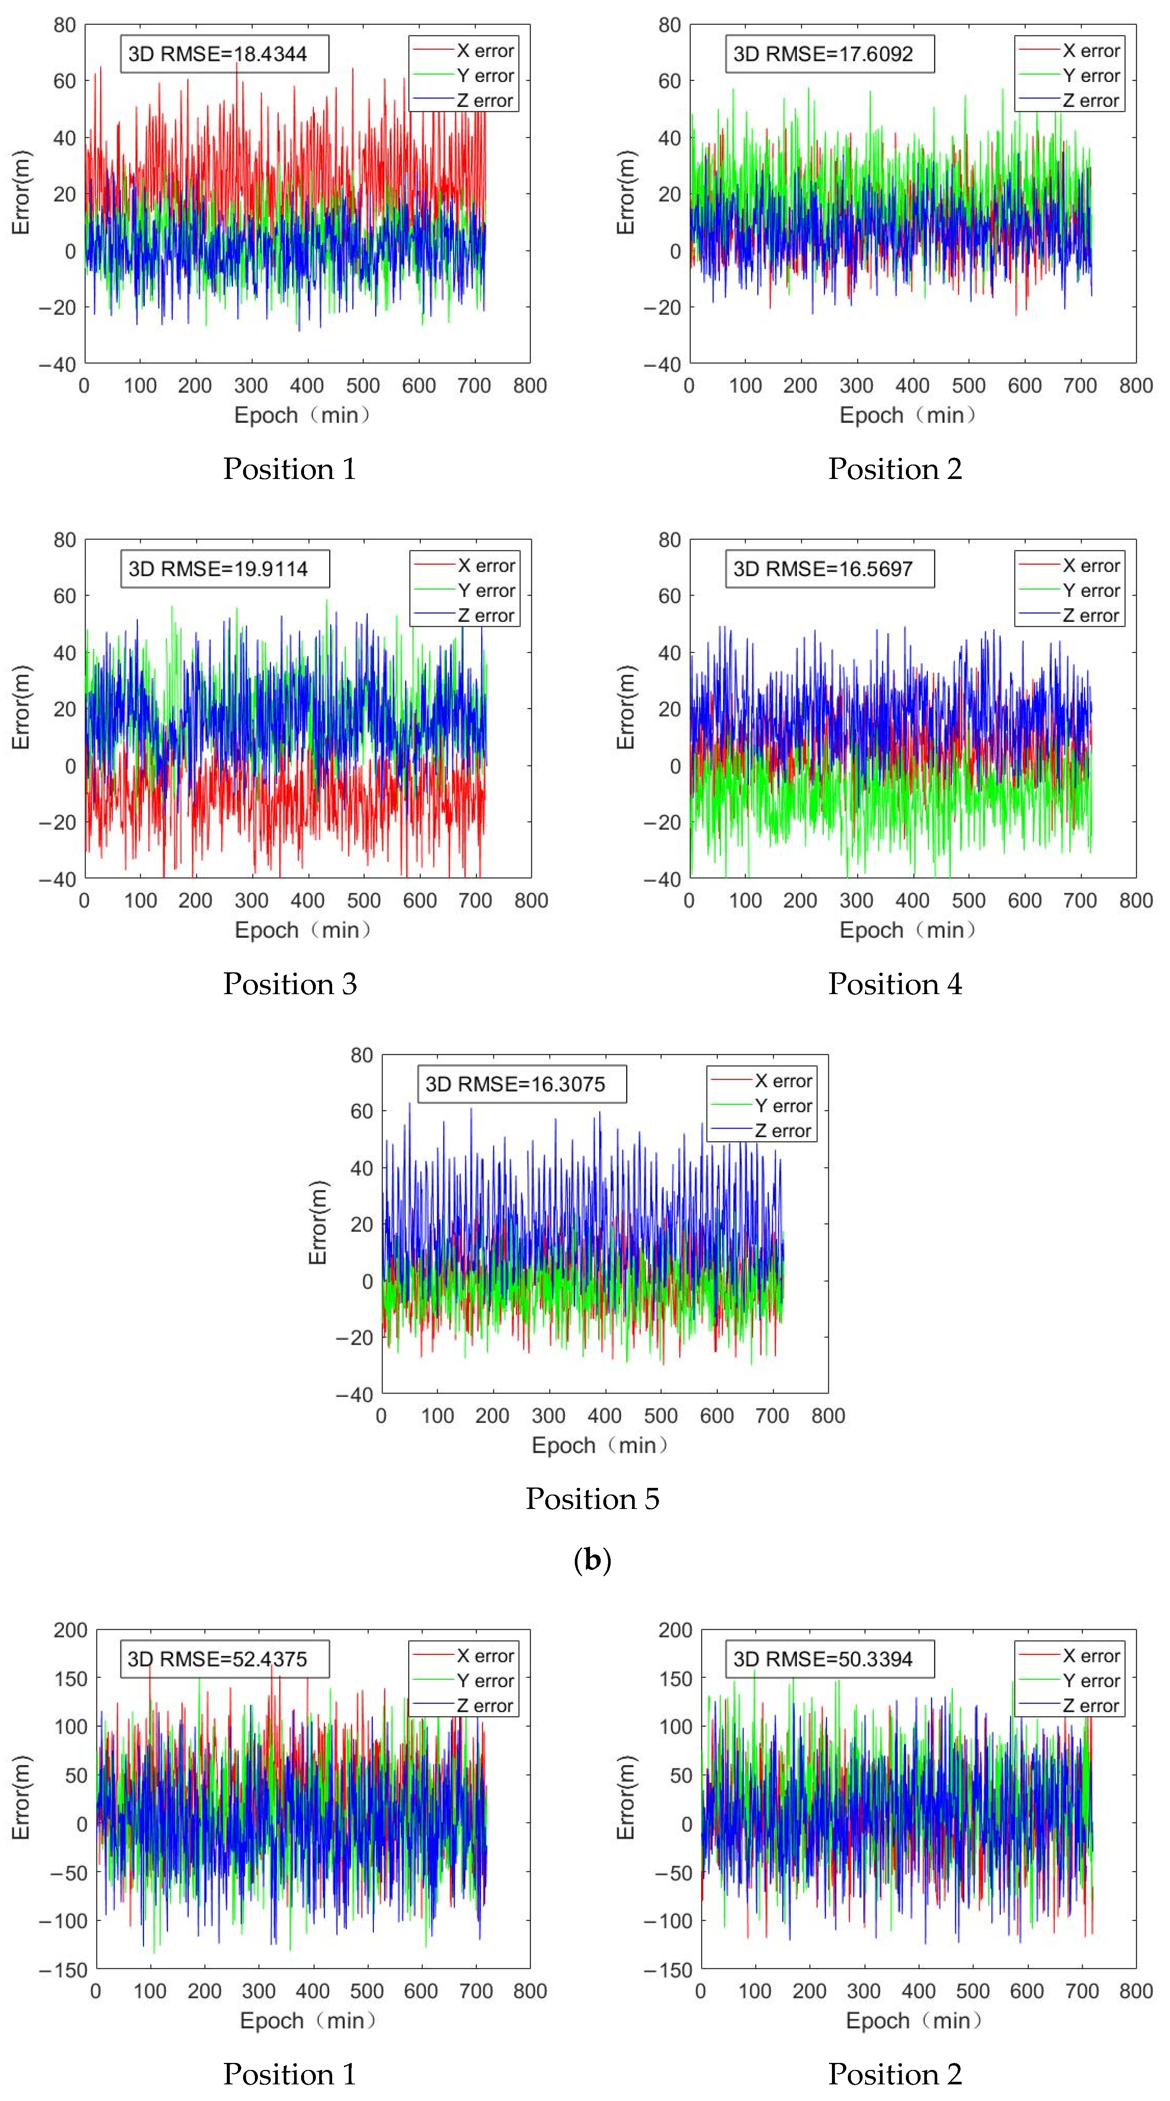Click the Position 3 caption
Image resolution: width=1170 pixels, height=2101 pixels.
tap(290, 984)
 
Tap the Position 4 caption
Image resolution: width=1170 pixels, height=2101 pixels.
tap(895, 984)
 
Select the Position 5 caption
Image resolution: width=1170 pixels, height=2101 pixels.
tap(593, 1498)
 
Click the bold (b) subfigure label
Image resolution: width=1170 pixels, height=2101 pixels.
tap(593, 1560)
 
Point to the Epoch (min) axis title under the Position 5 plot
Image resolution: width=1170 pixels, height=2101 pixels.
tap(600, 1445)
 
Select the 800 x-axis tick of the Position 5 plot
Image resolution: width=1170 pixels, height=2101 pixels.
tap(828, 1416)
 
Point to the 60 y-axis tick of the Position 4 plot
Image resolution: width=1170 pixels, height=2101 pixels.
tap(669, 596)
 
